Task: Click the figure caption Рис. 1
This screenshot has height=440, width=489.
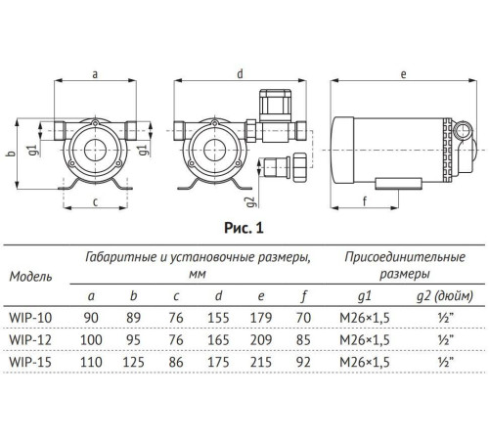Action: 245,229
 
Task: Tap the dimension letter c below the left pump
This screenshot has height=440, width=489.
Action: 94,202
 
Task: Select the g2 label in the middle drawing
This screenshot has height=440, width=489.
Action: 250,190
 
